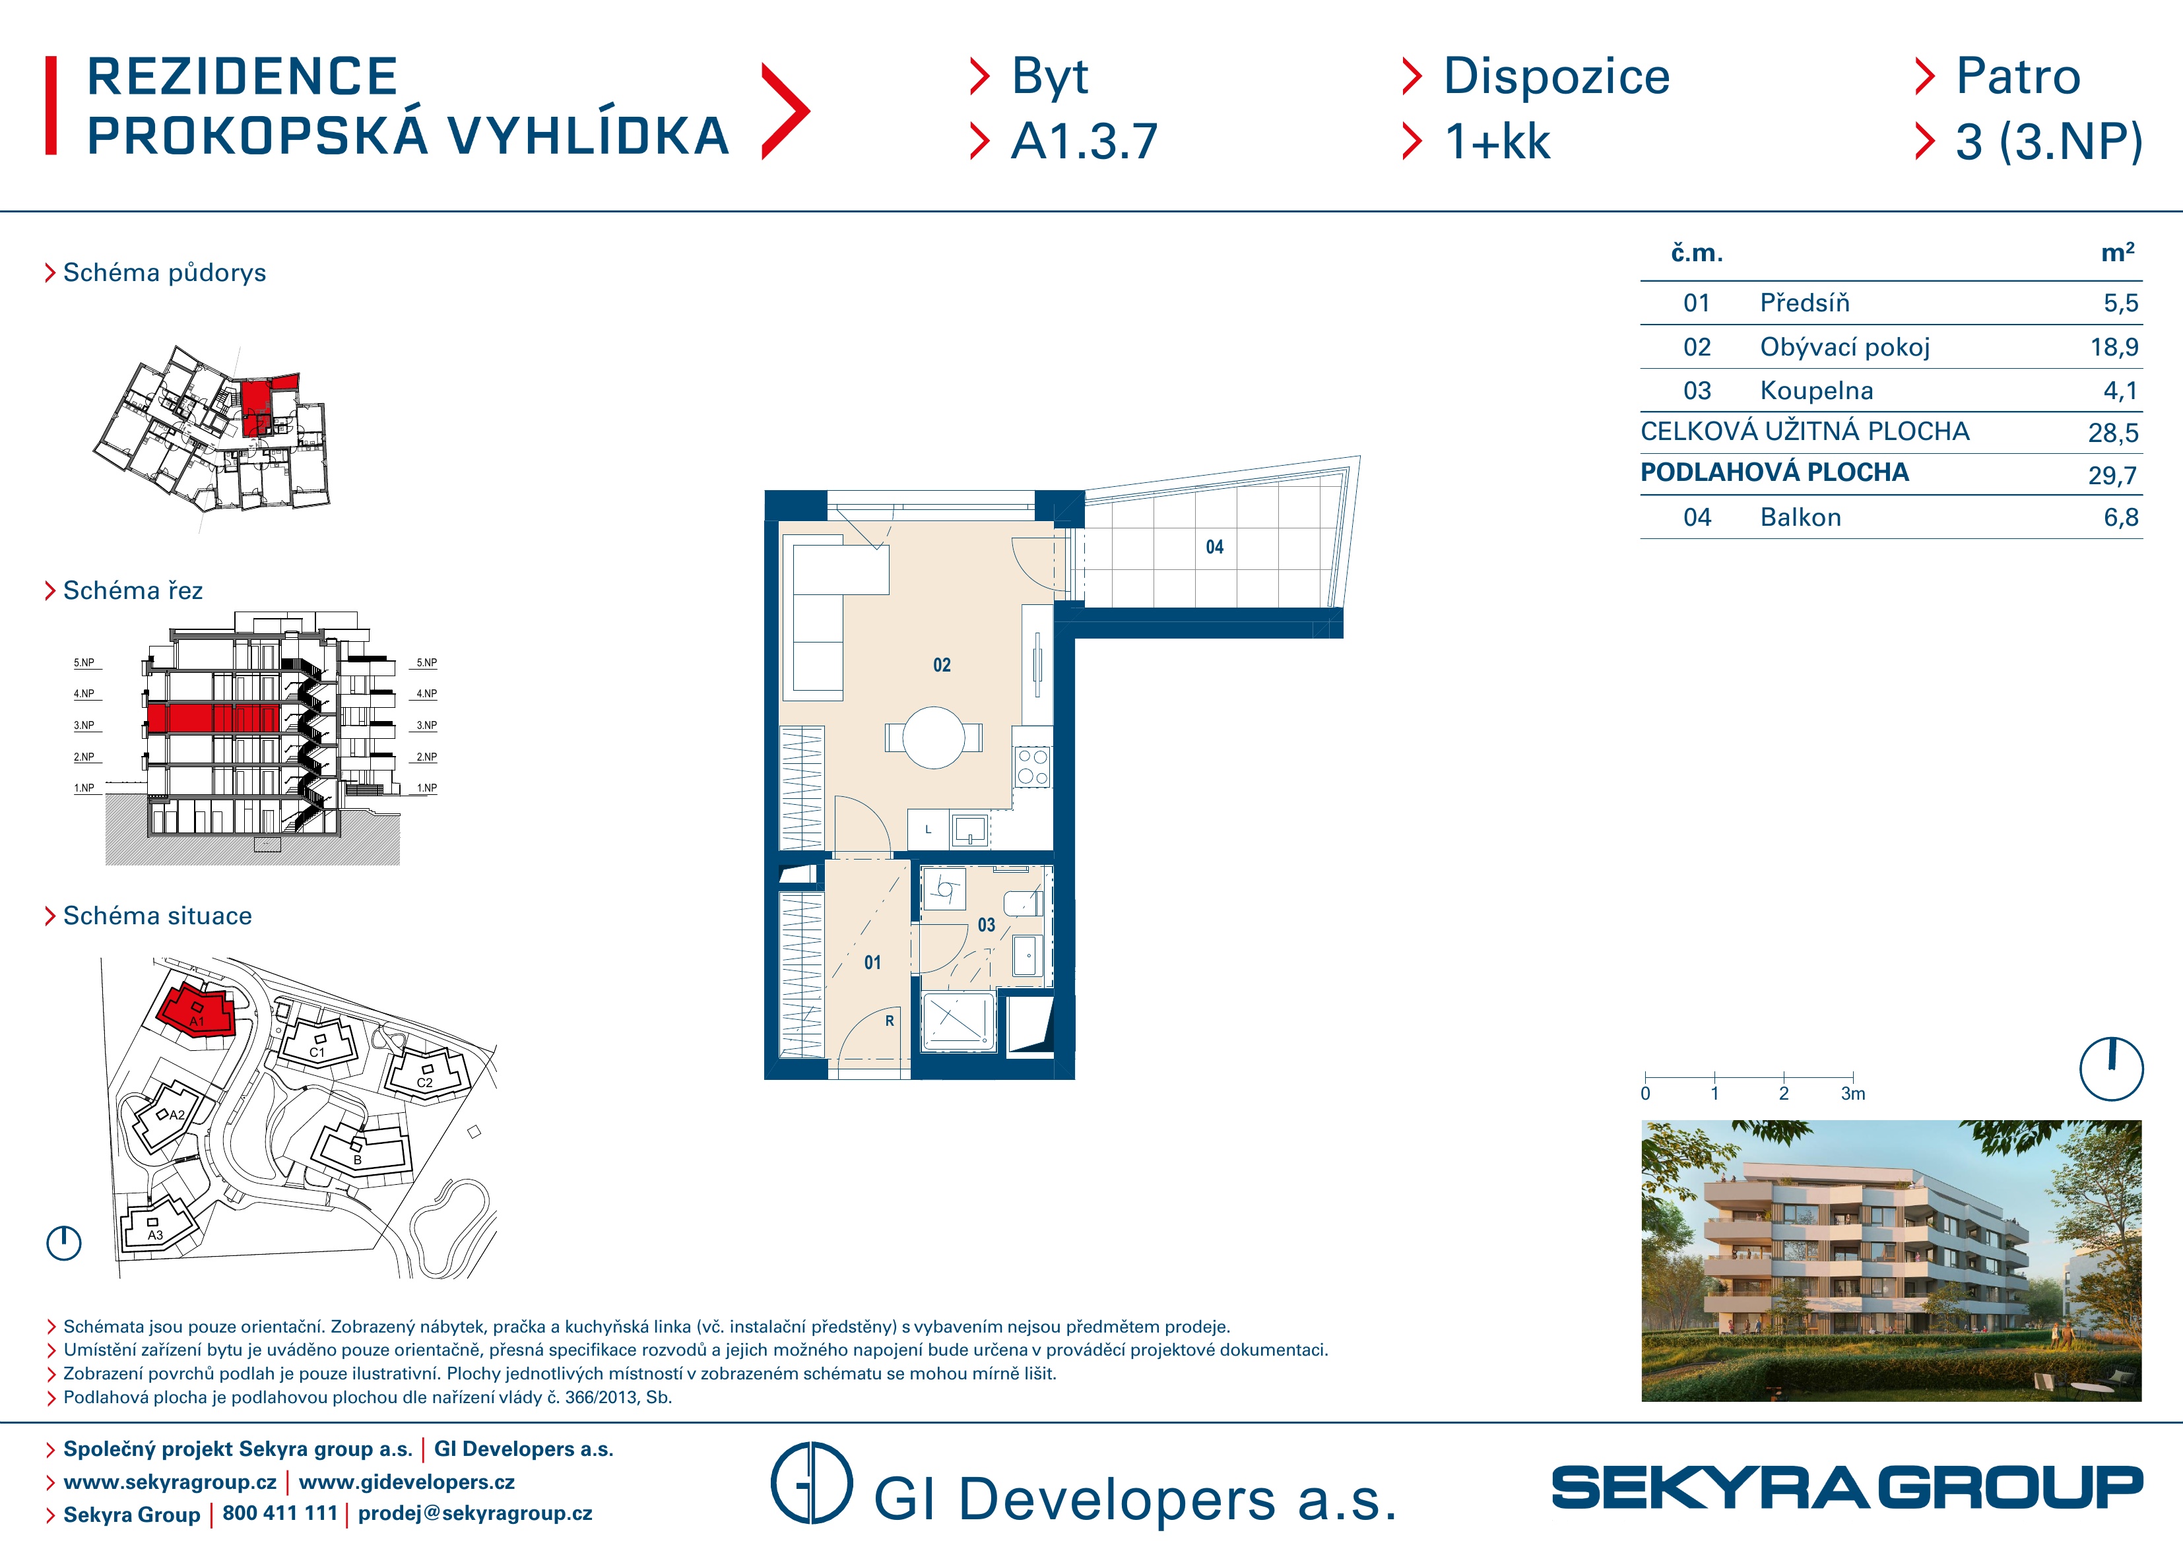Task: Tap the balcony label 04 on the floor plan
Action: (x=1214, y=547)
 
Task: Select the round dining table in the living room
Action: (x=934, y=737)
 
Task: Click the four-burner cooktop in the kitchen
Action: (x=1033, y=767)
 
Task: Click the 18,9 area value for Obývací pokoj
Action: (x=2114, y=347)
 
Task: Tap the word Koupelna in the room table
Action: (x=1816, y=391)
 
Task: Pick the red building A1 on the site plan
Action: (x=197, y=1011)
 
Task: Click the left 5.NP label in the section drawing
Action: (x=84, y=662)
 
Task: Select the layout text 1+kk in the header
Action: (x=1497, y=142)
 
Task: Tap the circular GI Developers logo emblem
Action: (x=811, y=1482)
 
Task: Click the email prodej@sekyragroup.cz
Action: (x=474, y=1513)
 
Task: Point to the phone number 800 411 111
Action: (x=280, y=1513)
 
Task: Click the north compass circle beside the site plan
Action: (x=64, y=1243)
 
